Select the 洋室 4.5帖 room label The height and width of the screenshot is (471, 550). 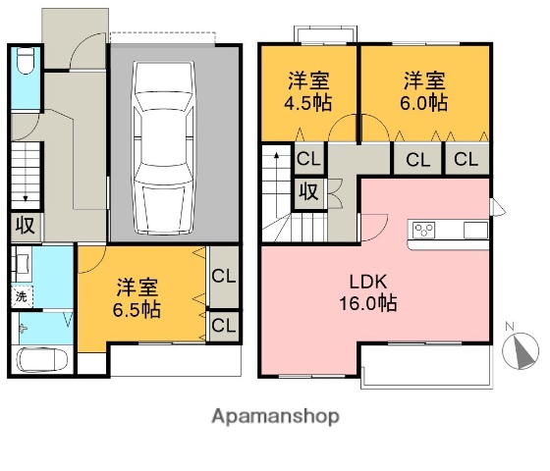pyautogui.click(x=307, y=90)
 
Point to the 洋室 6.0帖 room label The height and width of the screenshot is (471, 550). pyautogui.click(x=424, y=90)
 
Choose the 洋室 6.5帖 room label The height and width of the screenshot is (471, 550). pyautogui.click(x=138, y=298)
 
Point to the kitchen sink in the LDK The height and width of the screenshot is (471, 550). pyautogui.click(x=472, y=231)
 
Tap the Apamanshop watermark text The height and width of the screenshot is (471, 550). pyautogui.click(x=275, y=416)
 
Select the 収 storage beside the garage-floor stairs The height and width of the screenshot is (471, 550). pyautogui.click(x=26, y=226)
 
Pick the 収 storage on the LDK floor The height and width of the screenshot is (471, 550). pyautogui.click(x=308, y=191)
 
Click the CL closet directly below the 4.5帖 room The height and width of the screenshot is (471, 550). pyautogui.click(x=308, y=159)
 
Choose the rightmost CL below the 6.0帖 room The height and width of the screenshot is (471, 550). pyautogui.click(x=467, y=159)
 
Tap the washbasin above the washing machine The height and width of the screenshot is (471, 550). pyautogui.click(x=22, y=263)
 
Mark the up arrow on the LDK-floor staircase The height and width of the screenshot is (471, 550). pyautogui.click(x=276, y=159)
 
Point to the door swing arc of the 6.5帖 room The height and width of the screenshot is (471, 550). pyautogui.click(x=90, y=257)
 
